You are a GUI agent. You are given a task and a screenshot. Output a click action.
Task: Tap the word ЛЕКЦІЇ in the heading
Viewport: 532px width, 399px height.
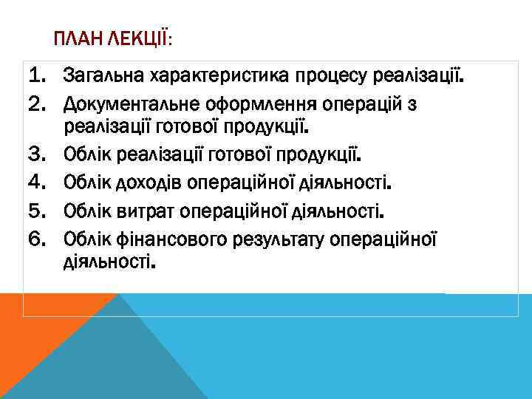pos(141,38)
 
